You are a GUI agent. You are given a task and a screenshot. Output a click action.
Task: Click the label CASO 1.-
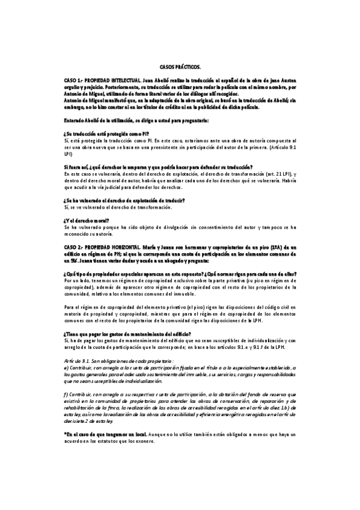[x=73, y=79]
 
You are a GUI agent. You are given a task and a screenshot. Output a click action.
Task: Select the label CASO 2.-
[x=73, y=247]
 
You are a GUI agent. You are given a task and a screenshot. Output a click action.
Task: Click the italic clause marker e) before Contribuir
[x=66, y=367]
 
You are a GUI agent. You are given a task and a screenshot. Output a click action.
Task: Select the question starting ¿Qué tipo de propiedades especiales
[x=180, y=273]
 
